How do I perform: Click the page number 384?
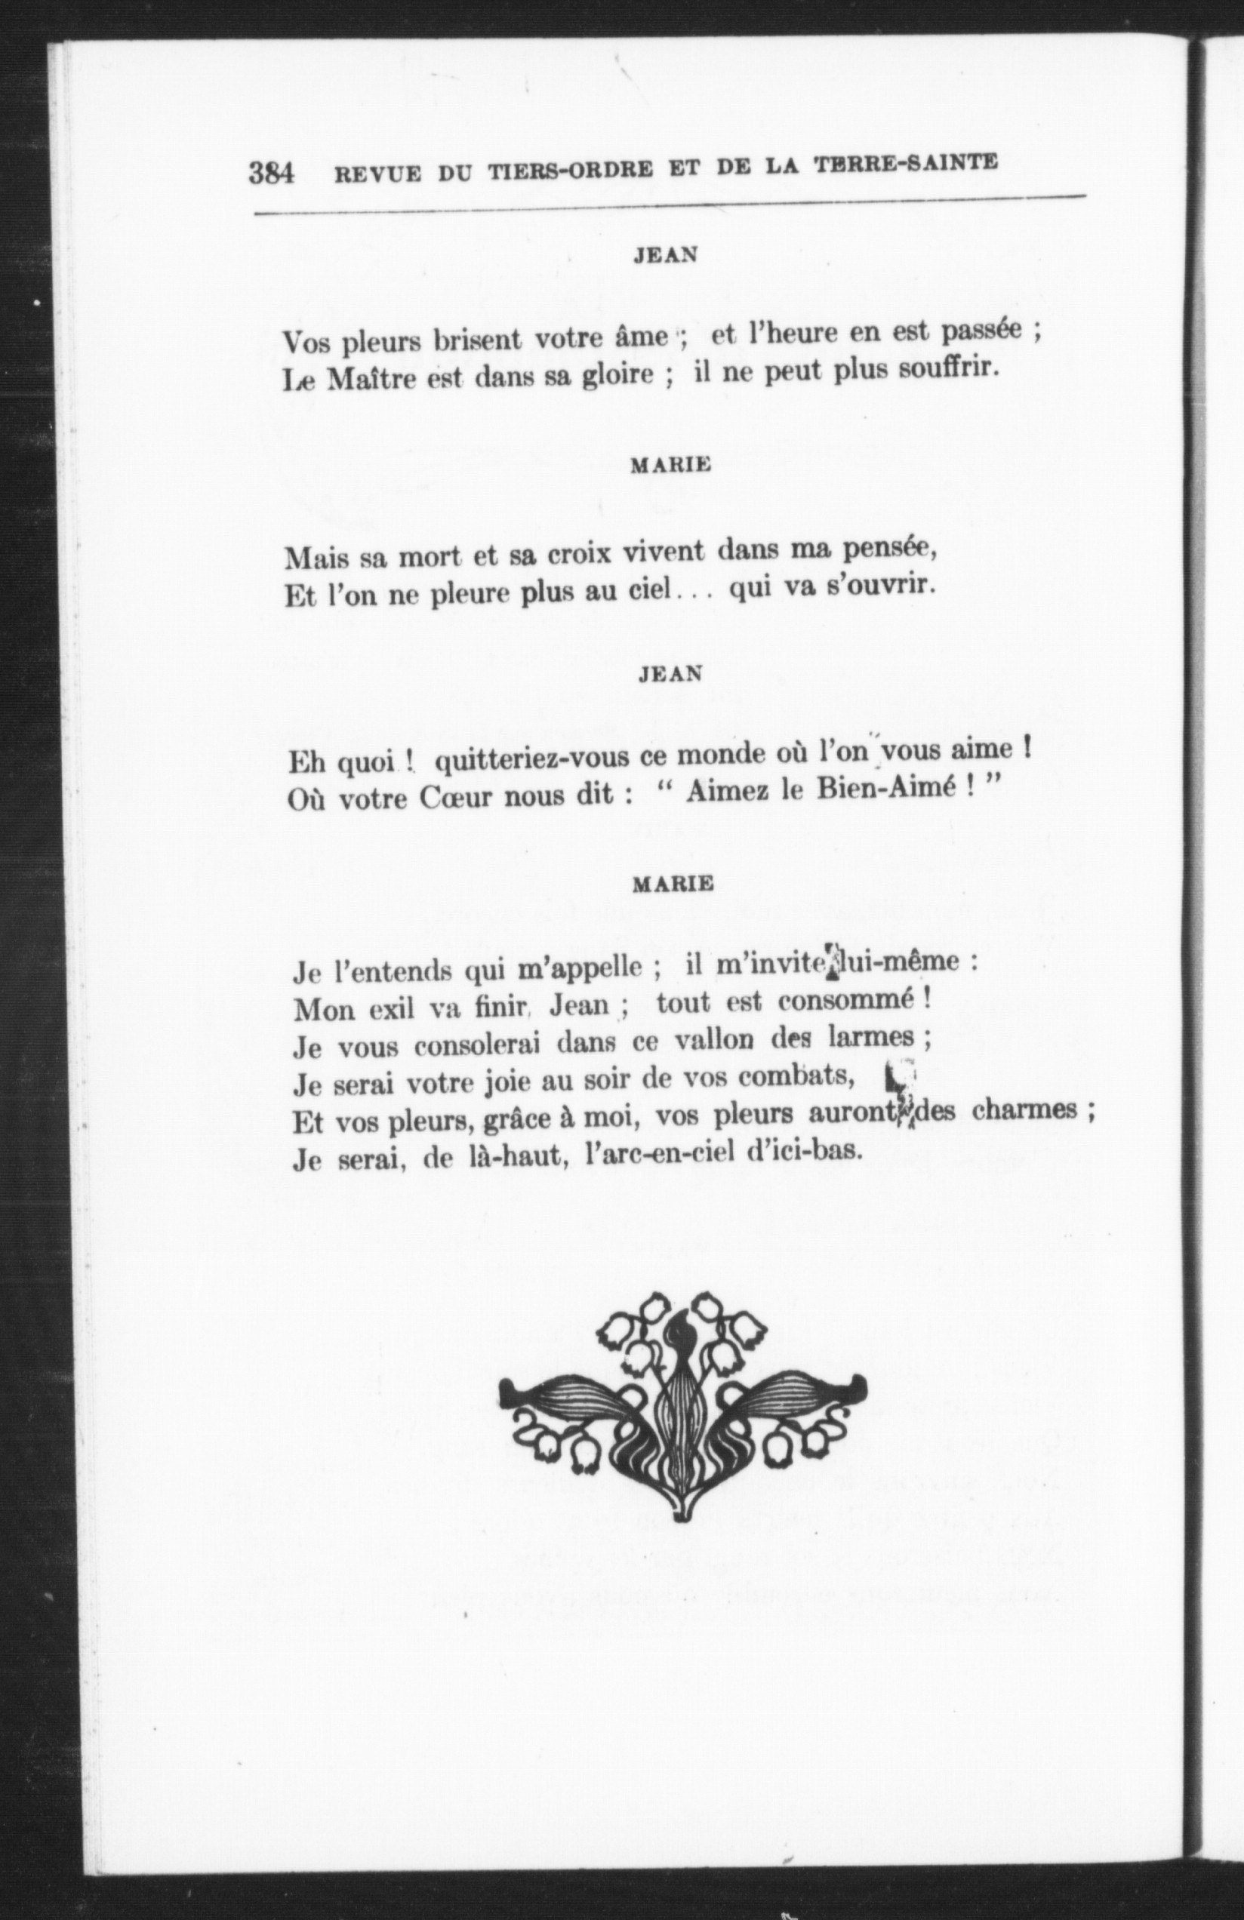(x=271, y=173)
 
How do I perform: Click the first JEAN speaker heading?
(x=666, y=255)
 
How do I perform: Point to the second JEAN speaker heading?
(x=670, y=675)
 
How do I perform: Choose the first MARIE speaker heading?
(x=670, y=465)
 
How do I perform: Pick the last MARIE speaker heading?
(x=673, y=883)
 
